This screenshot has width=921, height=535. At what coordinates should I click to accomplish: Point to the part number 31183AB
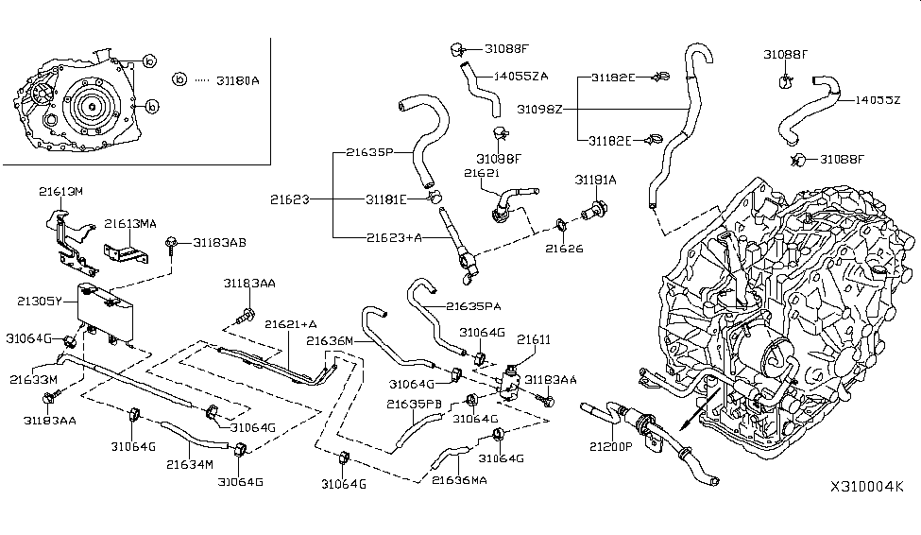tap(219, 243)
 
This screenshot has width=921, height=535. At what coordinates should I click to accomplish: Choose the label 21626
tap(563, 250)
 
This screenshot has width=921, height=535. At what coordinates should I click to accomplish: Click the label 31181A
tap(595, 180)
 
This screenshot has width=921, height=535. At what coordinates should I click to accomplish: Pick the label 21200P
tap(611, 446)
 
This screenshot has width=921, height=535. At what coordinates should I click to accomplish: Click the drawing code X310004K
tap(866, 488)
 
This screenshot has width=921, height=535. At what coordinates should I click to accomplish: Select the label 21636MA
tap(459, 479)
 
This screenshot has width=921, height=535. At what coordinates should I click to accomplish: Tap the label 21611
tap(533, 337)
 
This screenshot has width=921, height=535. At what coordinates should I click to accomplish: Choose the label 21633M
tap(35, 379)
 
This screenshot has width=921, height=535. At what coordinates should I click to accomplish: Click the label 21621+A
tap(290, 324)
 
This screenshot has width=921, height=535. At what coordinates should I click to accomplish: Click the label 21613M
tap(61, 192)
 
